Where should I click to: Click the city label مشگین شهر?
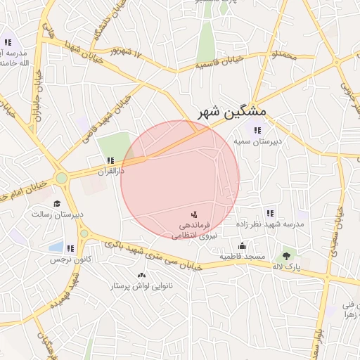point(229,112)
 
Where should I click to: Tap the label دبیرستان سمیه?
point(258,141)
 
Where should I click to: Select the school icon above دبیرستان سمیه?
point(257,129)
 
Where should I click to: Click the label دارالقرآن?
point(110,171)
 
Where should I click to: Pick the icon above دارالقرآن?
point(110,160)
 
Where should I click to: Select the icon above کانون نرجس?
point(70,248)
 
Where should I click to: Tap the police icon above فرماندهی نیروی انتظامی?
point(195,213)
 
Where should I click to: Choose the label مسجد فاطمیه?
point(243,257)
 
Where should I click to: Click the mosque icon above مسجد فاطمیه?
point(243,245)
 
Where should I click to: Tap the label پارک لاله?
point(286,268)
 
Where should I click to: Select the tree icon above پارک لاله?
point(286,257)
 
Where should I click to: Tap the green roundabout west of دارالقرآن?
point(62,178)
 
